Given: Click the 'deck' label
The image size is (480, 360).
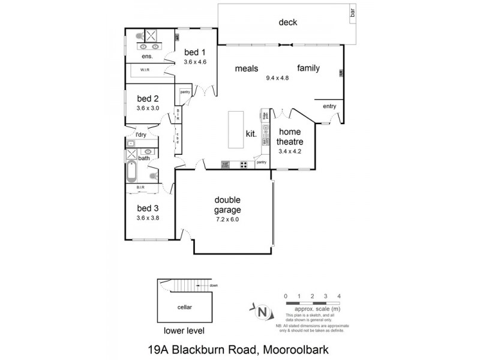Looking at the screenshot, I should (288, 23).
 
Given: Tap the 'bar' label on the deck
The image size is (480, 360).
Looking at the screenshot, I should (353, 11).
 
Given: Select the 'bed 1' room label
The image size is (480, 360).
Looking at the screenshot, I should (194, 52).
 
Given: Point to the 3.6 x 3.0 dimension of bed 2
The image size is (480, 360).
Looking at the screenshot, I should (148, 109).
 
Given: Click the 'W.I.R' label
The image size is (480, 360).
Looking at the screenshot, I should (145, 70).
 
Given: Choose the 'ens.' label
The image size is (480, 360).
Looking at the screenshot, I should (147, 56).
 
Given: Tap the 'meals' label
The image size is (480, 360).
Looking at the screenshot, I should (246, 68).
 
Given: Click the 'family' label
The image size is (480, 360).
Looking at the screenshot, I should (308, 68).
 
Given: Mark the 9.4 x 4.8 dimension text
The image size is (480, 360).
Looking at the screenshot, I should (277, 78).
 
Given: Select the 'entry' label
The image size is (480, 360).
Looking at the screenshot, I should (329, 106).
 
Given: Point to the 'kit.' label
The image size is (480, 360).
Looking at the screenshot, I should (251, 134).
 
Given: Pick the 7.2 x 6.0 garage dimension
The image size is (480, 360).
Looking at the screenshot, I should (227, 220).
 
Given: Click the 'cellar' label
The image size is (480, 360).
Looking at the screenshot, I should (184, 307).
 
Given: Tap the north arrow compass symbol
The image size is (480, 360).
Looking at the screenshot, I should (262, 311).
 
